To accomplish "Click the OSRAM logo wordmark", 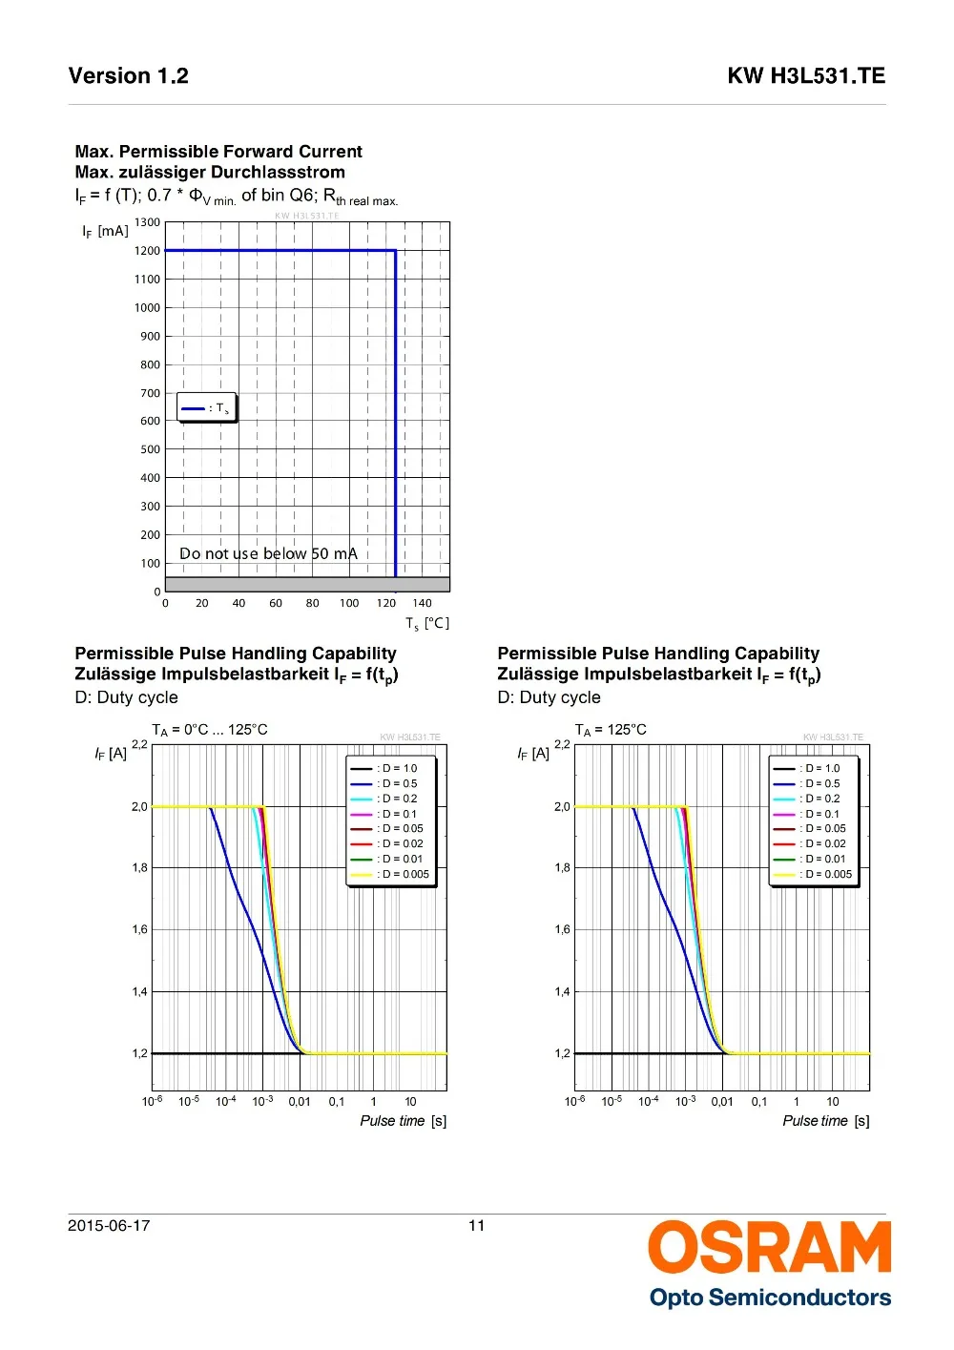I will (769, 1247).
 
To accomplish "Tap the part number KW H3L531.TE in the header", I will (806, 76).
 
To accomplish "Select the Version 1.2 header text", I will (129, 76).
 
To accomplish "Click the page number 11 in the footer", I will (477, 1226).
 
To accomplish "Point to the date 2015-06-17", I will (109, 1226).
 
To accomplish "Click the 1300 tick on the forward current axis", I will (148, 222).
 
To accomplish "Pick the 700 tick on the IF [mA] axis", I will (151, 393).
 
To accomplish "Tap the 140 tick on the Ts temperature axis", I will (423, 603).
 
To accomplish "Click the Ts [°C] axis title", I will (426, 624).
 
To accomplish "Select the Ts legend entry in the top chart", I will (206, 408).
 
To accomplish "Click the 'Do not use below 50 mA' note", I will (268, 554).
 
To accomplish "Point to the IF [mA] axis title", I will (105, 231).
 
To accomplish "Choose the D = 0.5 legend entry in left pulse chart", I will (384, 783).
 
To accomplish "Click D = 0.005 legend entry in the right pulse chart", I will (813, 874).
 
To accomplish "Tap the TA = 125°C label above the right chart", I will (611, 730).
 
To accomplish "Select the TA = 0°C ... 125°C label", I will (210, 730).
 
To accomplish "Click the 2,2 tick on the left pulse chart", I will (139, 744).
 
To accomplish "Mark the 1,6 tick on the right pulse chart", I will (562, 929).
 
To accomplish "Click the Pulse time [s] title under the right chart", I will (825, 1121).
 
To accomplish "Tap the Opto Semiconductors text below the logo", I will (770, 1298).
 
